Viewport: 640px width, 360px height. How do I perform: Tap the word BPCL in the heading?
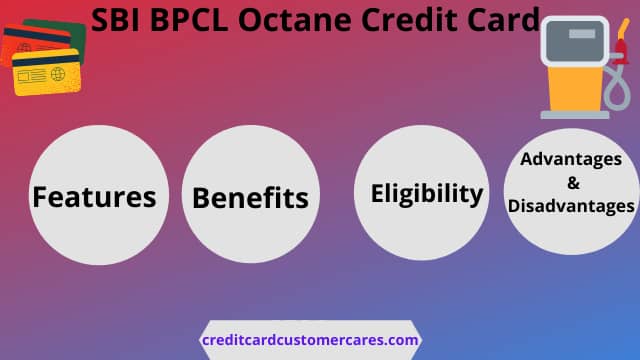[189, 20]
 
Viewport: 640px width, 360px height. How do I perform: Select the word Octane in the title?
[295, 20]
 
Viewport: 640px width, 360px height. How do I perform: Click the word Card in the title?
[504, 20]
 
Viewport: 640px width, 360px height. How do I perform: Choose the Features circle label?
[94, 197]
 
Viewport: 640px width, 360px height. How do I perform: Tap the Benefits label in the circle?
[250, 198]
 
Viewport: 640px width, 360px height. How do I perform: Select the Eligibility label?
[427, 193]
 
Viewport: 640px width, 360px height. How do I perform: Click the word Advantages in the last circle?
[571, 159]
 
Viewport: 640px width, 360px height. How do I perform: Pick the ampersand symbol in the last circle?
[573, 183]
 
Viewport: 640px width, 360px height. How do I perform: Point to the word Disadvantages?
[571, 206]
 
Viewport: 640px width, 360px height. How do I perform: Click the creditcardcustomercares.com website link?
[310, 340]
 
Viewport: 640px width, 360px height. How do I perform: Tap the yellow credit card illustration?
[46, 72]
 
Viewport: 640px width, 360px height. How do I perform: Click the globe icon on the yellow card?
[58, 75]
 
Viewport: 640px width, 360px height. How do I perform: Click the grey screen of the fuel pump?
[575, 41]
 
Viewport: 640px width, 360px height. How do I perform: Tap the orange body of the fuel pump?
[574, 89]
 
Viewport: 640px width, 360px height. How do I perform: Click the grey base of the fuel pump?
[575, 115]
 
